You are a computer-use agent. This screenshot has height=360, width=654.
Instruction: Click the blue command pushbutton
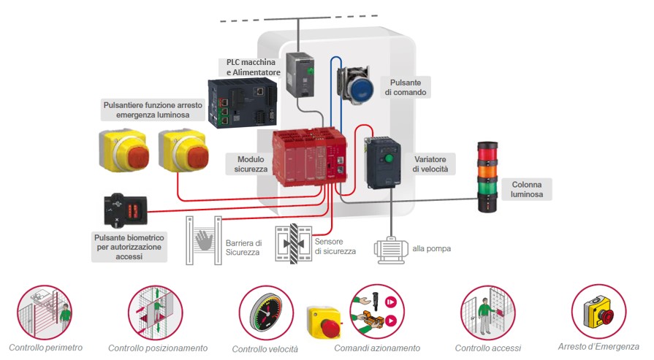tap(357, 85)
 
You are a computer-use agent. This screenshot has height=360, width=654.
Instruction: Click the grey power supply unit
tap(301, 74)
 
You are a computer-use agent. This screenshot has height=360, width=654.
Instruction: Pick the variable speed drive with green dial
tap(384, 164)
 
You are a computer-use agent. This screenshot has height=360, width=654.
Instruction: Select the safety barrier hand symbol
tap(204, 240)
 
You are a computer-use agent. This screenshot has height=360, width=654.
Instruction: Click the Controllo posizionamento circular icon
tap(156, 313)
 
